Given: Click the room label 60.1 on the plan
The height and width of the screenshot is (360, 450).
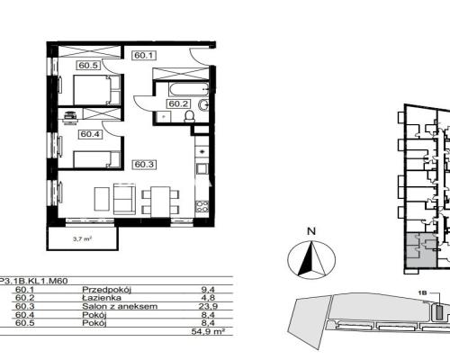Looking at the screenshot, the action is [x=144, y=55].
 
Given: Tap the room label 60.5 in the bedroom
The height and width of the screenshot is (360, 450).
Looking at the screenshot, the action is [x=88, y=65].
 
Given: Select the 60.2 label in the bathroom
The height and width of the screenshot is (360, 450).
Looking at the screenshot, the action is [x=178, y=103].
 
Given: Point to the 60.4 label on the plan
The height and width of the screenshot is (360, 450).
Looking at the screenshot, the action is [x=90, y=134].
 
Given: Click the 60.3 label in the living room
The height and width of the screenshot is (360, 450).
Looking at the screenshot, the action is [x=144, y=165].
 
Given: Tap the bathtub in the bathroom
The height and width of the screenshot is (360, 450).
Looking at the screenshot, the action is [x=189, y=89].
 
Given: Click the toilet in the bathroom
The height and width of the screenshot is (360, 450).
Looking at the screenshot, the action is [x=189, y=116].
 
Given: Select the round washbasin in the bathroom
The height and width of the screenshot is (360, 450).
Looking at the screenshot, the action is [x=203, y=104].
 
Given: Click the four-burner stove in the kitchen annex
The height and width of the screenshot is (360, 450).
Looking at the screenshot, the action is [x=202, y=206].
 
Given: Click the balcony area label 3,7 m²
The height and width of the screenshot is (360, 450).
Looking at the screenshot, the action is [x=82, y=239].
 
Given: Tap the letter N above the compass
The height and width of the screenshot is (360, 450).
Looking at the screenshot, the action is [x=312, y=231].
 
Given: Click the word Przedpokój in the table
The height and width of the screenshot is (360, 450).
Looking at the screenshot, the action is [x=107, y=290].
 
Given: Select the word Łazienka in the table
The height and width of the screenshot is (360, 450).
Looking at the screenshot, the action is [x=102, y=298].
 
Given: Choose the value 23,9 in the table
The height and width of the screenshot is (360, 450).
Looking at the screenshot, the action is [x=208, y=306].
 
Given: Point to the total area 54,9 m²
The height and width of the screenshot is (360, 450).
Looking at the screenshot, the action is [x=208, y=331].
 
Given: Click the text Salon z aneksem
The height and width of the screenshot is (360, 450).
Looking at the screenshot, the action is [x=120, y=306].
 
